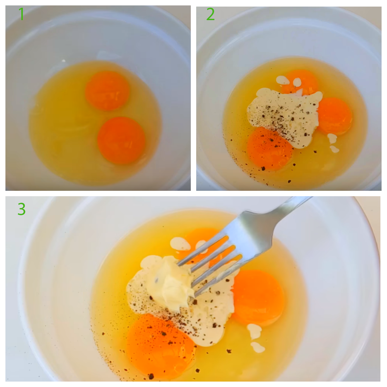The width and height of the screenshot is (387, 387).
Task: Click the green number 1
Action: click(21, 14)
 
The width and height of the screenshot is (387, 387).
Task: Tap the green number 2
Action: click(210, 14)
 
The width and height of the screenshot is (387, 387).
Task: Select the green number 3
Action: click(21, 209)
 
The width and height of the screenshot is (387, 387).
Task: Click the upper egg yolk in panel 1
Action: click(107, 91)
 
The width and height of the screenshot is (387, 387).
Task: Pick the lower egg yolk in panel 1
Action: click(121, 140)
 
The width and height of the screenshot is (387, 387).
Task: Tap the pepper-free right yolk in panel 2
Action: click(335, 116)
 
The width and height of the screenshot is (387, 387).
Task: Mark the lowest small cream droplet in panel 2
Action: click(334, 149)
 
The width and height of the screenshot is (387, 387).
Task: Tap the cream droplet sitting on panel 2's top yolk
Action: click(297, 82)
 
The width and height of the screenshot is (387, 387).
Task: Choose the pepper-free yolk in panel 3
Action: click(258, 294)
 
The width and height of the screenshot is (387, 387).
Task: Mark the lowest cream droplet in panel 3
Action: click(258, 347)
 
